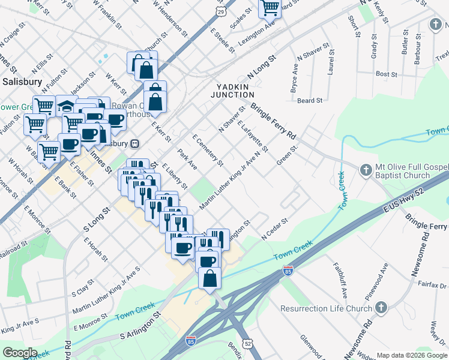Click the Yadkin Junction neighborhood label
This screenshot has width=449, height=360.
(x=235, y=91)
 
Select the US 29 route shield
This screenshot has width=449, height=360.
(x=221, y=12)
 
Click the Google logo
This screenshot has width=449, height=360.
(x=20, y=353)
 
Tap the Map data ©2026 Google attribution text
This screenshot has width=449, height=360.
(x=412, y=355)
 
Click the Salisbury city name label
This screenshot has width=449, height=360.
(x=22, y=81)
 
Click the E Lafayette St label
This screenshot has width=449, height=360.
(x=252, y=136)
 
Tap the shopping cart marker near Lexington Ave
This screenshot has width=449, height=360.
(x=270, y=8)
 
